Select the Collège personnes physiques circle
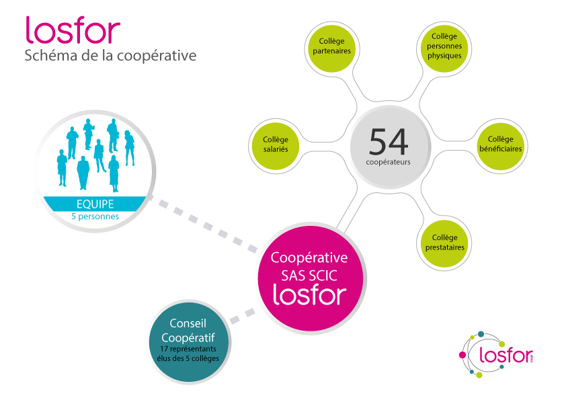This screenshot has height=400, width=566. pyautogui.click(x=444, y=46)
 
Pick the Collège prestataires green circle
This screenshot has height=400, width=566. pyautogui.click(x=444, y=242)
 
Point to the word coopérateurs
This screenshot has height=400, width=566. pyautogui.click(x=389, y=162)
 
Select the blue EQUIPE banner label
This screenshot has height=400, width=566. pyautogui.click(x=94, y=203)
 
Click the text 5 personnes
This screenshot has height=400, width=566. pyautogui.click(x=94, y=216)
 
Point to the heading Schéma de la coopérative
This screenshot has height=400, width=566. pyautogui.click(x=110, y=56)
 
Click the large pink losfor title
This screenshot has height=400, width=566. pyautogui.click(x=73, y=30)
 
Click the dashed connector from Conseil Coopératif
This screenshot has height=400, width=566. pyautogui.click(x=244, y=315)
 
